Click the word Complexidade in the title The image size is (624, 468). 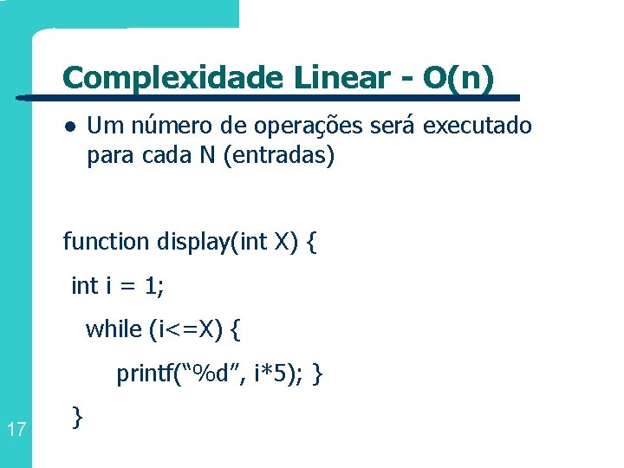click(x=173, y=78)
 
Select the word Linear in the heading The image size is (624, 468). click(x=344, y=78)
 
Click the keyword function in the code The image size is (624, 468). click(x=107, y=241)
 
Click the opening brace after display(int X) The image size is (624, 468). click(x=311, y=241)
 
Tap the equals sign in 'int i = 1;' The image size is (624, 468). click(x=128, y=286)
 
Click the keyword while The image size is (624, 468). click(x=113, y=328)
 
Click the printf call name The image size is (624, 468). click(x=146, y=374)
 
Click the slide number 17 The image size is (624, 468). click(x=15, y=428)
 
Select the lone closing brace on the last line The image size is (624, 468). click(x=78, y=418)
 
